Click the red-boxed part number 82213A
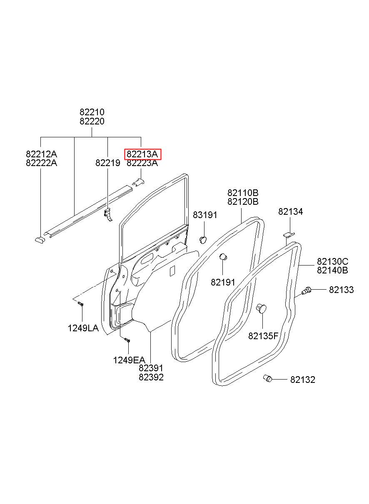coord(142,154)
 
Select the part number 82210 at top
coord(92,112)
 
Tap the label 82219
coord(107,163)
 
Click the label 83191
coord(205,215)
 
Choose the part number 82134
coord(291,212)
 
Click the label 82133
coord(341,290)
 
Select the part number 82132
coord(303,380)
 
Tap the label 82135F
coord(263,336)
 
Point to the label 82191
coord(223,282)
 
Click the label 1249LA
coord(83,328)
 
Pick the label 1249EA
coord(129,360)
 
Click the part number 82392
coord(151,377)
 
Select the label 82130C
coord(332,262)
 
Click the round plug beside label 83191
coord(203,238)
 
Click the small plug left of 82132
coord(267,378)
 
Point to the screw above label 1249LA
coord(81,305)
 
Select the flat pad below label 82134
coord(288,235)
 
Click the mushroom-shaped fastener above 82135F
coord(261,308)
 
